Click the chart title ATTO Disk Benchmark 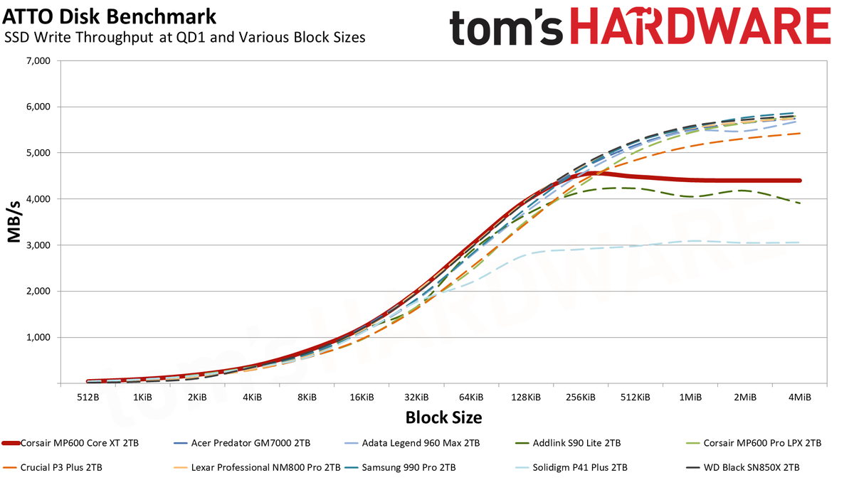click(x=110, y=16)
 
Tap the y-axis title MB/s click(x=14, y=222)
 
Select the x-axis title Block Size click(x=443, y=417)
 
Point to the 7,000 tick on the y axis click(x=39, y=61)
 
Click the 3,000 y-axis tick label click(x=39, y=245)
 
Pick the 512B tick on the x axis click(x=88, y=398)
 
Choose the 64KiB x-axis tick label click(x=471, y=398)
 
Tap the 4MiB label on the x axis click(x=799, y=398)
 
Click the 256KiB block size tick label click(x=581, y=398)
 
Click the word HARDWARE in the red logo click(x=701, y=26)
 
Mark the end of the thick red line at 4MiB click(x=800, y=181)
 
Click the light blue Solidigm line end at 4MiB click(x=799, y=242)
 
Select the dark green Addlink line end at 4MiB click(x=799, y=203)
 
